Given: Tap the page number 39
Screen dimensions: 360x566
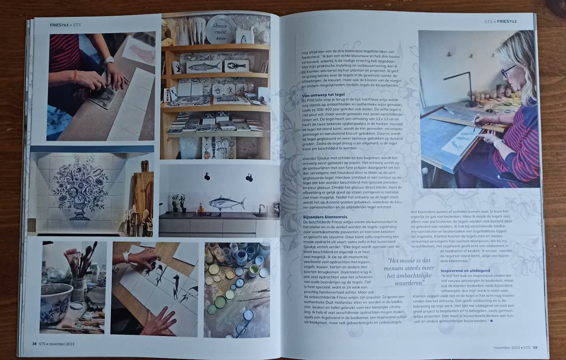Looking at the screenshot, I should click(534, 347).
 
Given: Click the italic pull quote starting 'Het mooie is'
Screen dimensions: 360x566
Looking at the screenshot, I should click(404, 271).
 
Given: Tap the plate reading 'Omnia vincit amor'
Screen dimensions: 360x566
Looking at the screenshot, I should click(220, 30).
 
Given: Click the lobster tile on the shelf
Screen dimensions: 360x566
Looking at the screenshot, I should click(236, 66).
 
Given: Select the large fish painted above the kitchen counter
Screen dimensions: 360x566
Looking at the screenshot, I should click(226, 203).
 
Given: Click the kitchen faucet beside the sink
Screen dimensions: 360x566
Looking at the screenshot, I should click(260, 209).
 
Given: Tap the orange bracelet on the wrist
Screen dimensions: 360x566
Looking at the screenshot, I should click(75, 76).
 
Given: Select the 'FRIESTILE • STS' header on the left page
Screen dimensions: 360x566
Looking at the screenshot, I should click(66, 24).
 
